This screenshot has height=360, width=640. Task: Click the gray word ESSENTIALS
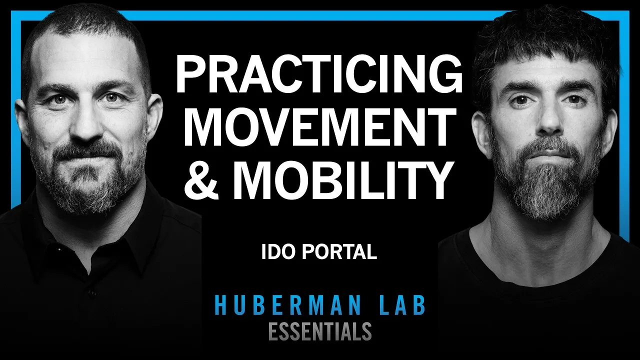[320, 331]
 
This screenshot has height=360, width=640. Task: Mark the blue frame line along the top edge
[320, 14]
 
